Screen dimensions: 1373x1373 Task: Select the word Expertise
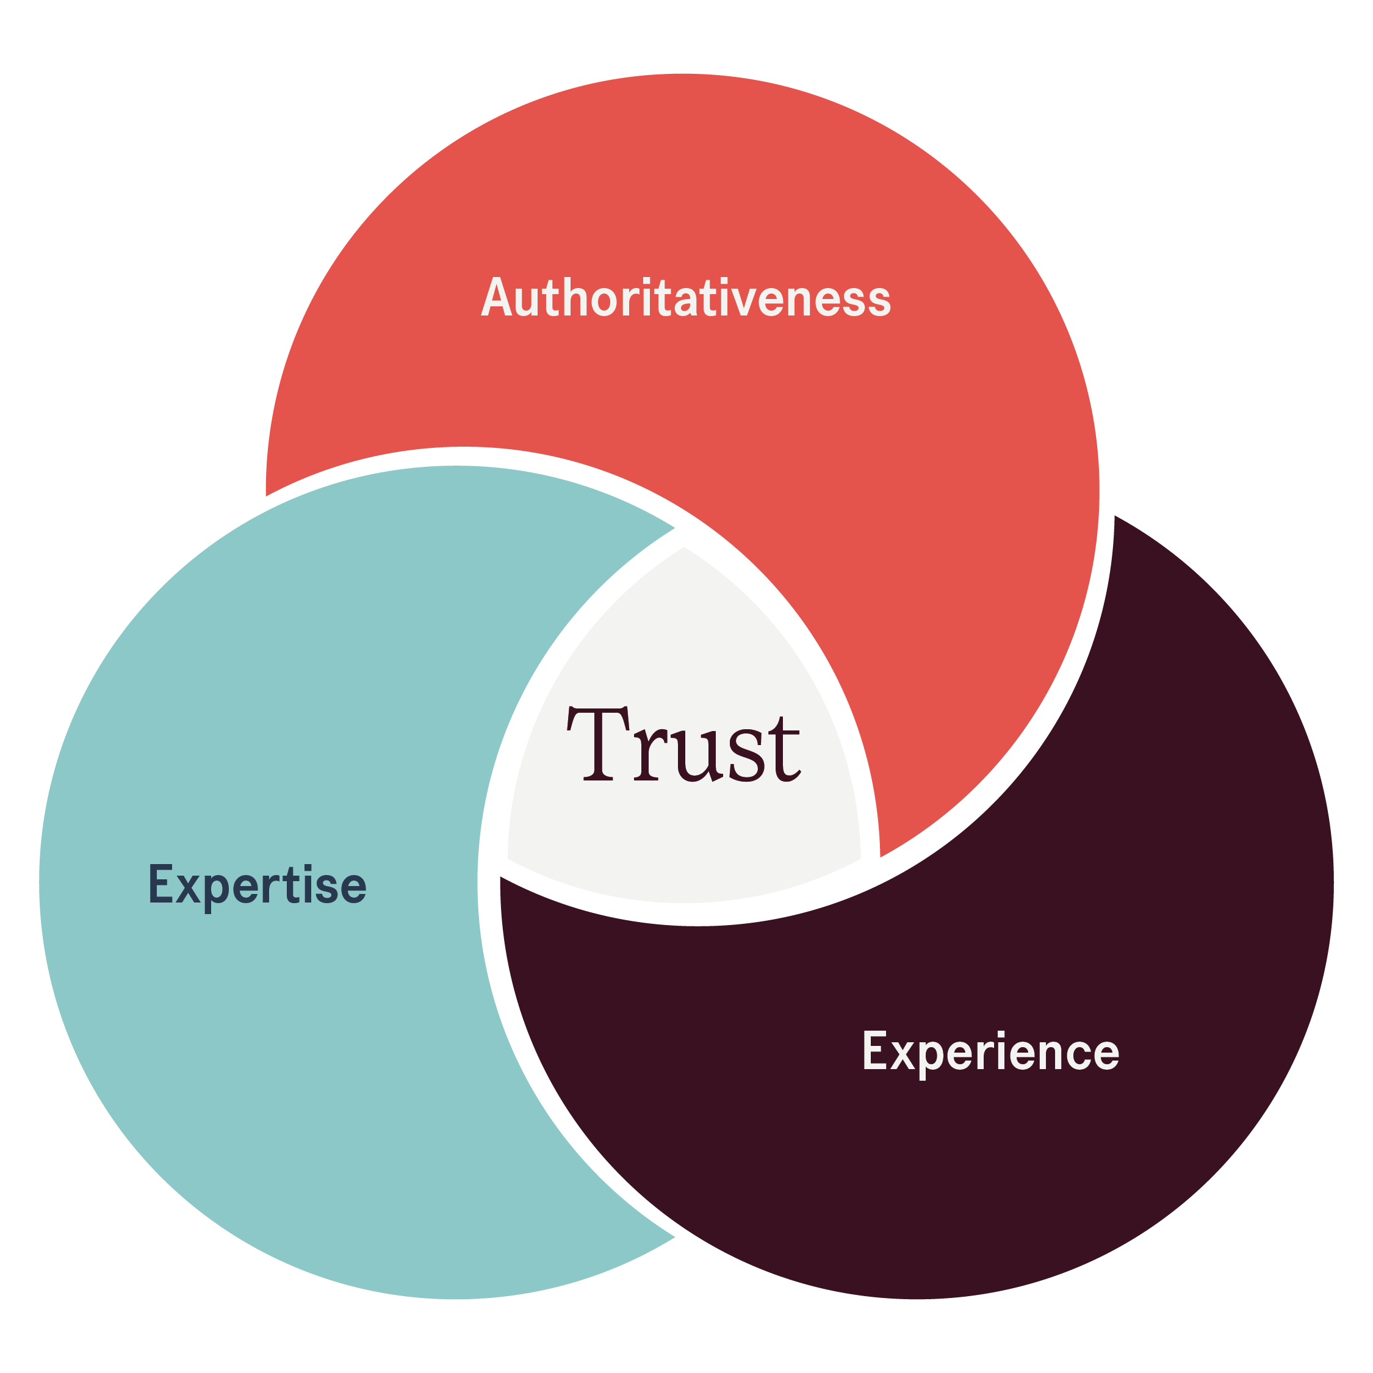(x=258, y=885)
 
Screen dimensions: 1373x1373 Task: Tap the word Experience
(x=990, y=1053)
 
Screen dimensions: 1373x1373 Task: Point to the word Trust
(x=683, y=744)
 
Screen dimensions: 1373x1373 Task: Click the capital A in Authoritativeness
(x=497, y=297)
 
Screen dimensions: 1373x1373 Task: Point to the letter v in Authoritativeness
(x=743, y=301)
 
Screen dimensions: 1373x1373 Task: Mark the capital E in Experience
(x=875, y=1049)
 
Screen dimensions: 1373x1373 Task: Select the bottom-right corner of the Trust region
(x=860, y=859)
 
